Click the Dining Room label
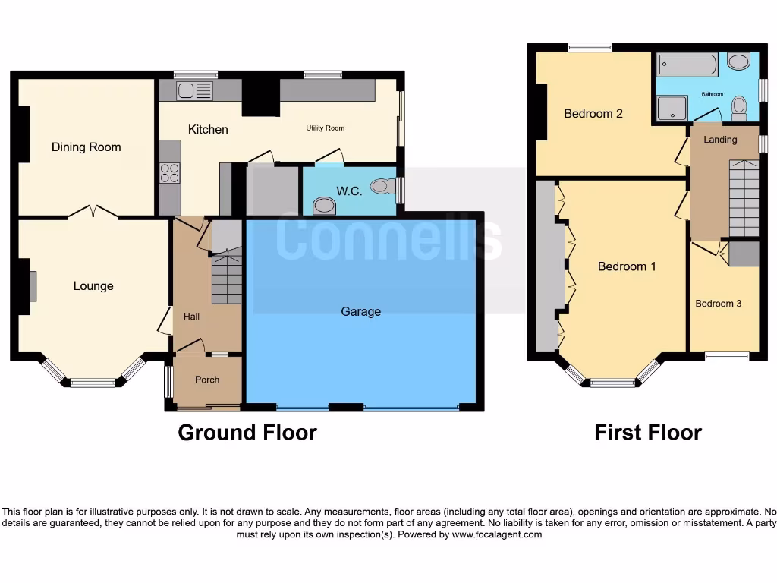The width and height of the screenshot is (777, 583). pyautogui.click(x=86, y=147)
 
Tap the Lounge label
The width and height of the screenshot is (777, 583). pyautogui.click(x=93, y=286)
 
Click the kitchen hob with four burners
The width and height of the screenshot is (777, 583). pyautogui.click(x=170, y=173)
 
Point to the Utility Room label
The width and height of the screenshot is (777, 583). pyautogui.click(x=326, y=128)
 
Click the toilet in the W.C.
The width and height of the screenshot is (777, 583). pyautogui.click(x=382, y=185)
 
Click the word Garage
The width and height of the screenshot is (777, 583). pyautogui.click(x=361, y=311)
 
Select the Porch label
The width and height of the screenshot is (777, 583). pyautogui.click(x=207, y=380)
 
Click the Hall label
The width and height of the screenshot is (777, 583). pyautogui.click(x=191, y=316)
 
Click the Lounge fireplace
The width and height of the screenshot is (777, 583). pyautogui.click(x=32, y=286)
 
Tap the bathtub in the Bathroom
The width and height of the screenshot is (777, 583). pyautogui.click(x=687, y=65)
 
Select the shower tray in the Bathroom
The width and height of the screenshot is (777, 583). pyautogui.click(x=672, y=109)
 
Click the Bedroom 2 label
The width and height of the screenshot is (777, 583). pyautogui.click(x=593, y=114)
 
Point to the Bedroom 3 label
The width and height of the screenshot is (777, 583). pyautogui.click(x=719, y=304)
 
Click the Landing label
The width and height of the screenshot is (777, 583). pyautogui.click(x=720, y=140)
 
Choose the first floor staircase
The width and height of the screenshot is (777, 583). pyautogui.click(x=744, y=199)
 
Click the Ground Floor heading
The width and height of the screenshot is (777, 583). pyautogui.click(x=247, y=433)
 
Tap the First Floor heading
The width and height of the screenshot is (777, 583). pyautogui.click(x=648, y=433)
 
